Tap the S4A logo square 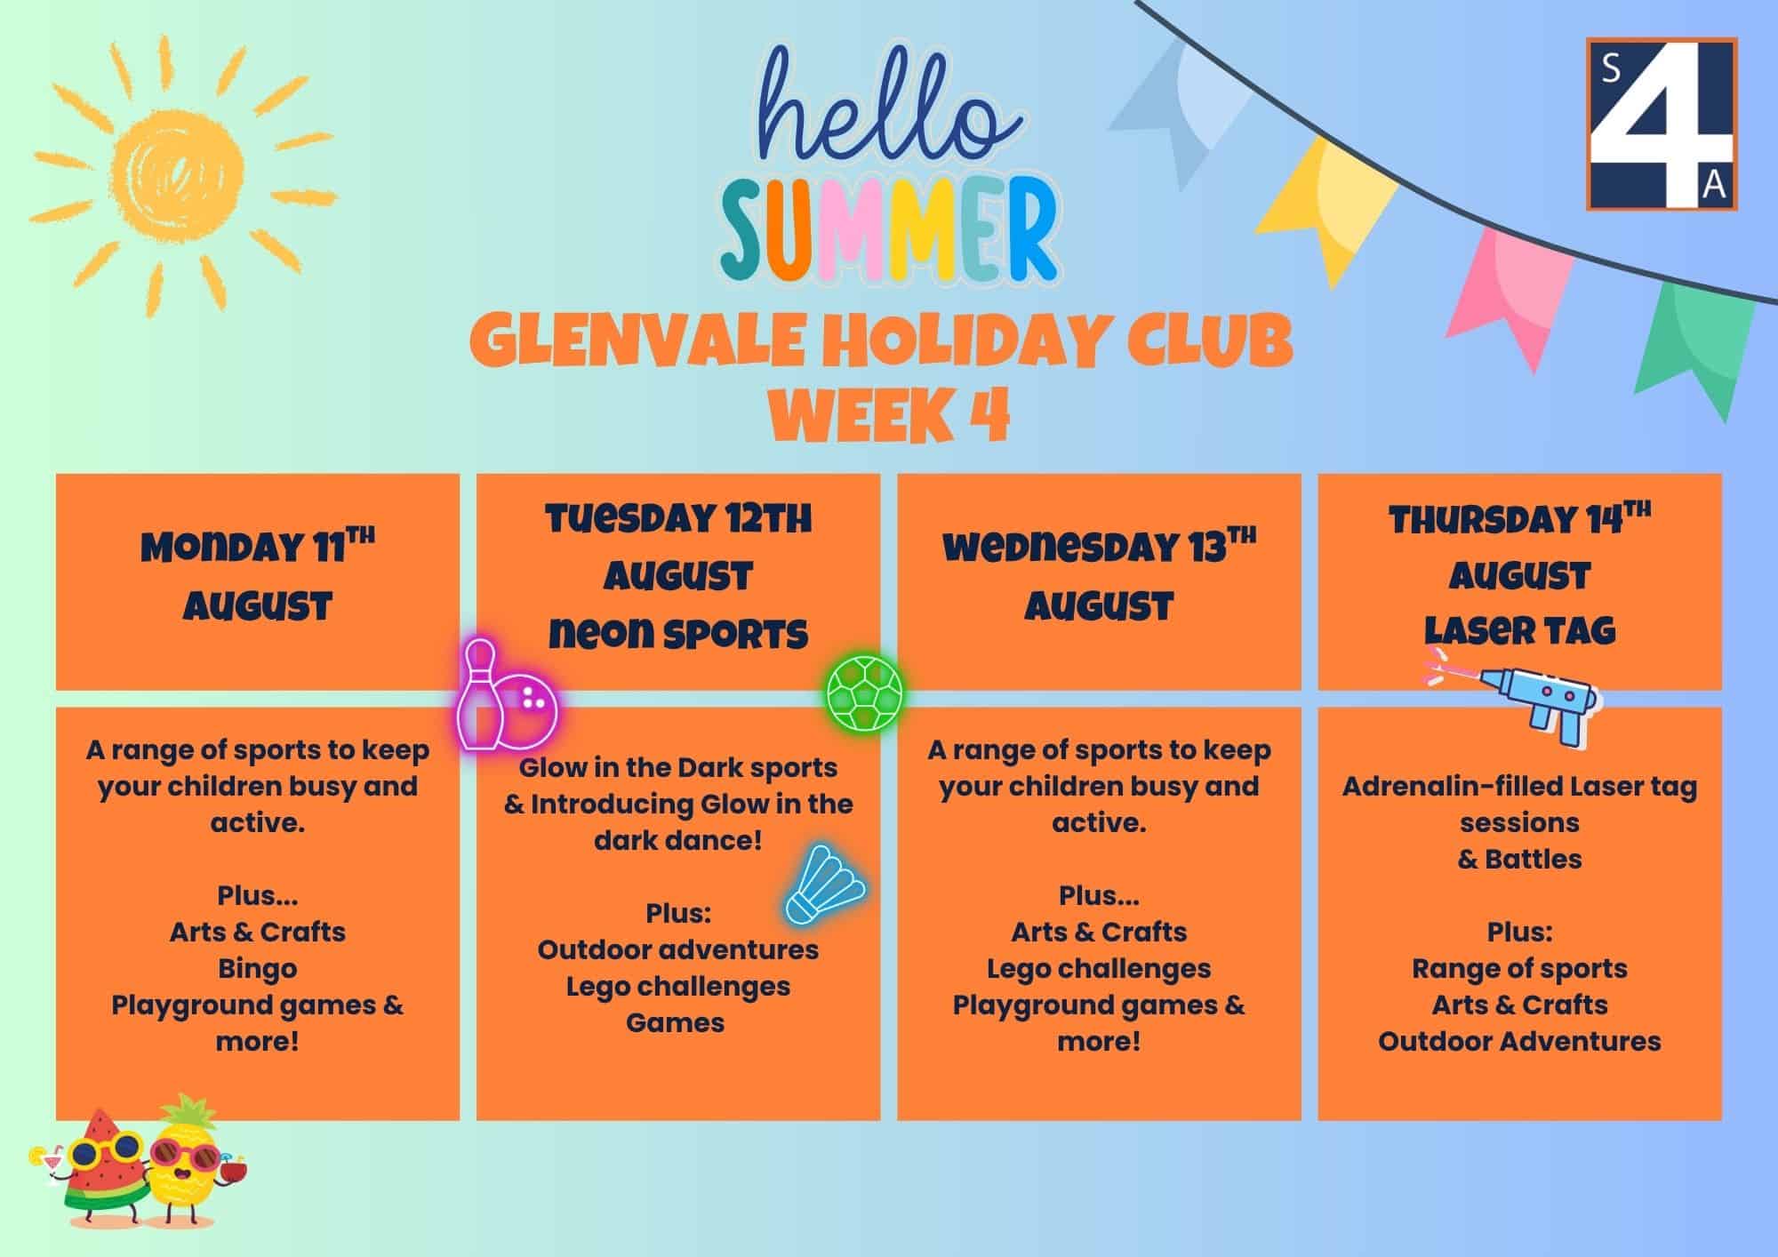click(x=1662, y=124)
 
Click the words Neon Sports click(x=678, y=634)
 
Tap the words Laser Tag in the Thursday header click(x=1519, y=630)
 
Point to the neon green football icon click(x=865, y=693)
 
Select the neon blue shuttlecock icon click(x=825, y=885)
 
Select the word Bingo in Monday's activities click(x=258, y=968)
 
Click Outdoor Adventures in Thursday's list click(x=1519, y=1041)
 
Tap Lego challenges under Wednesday click(x=1099, y=968)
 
